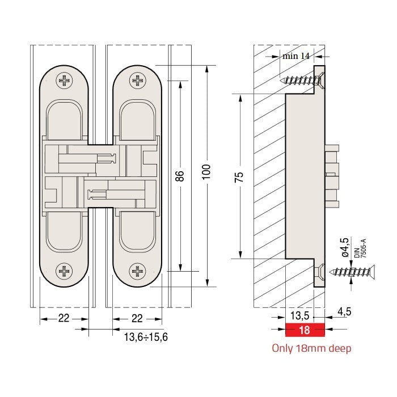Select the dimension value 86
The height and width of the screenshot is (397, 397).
[x=180, y=176]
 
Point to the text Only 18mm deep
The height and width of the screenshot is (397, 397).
[x=311, y=348]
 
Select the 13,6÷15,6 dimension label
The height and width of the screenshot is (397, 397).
[x=146, y=336]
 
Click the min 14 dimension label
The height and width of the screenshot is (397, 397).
[x=296, y=56]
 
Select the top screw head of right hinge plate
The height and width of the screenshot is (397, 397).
[x=137, y=81]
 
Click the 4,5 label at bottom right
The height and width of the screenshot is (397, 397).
[x=344, y=311]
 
